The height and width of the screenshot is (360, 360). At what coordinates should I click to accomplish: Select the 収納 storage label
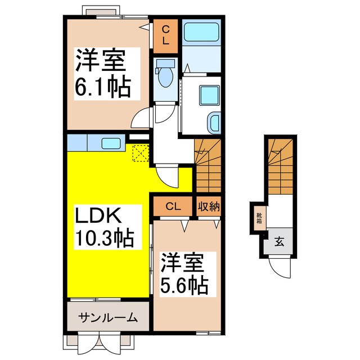click(x=208, y=206)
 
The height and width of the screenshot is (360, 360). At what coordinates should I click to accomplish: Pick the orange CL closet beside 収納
click(x=173, y=206)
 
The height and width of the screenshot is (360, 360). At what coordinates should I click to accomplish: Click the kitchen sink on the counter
click(x=111, y=142)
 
